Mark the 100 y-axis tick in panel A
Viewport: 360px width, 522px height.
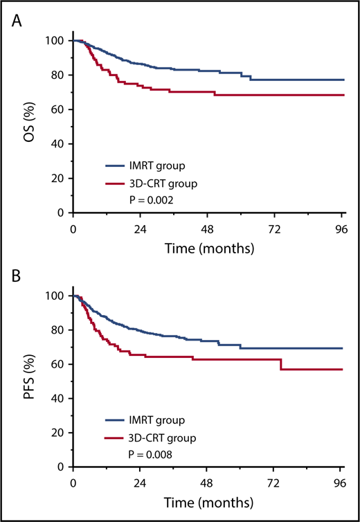[55, 41]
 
